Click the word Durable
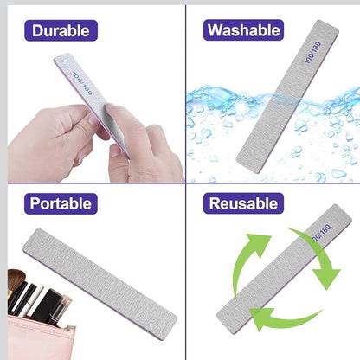(60, 32)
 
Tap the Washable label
(243, 32)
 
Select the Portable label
(60, 204)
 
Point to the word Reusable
(243, 204)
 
